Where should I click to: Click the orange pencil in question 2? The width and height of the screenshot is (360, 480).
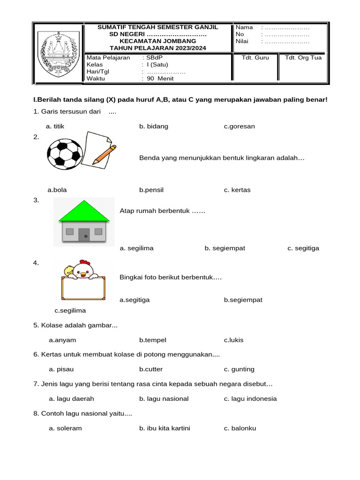coord(104,155)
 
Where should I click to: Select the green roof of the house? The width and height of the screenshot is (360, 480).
coord(84,211)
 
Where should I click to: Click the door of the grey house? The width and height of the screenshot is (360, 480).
coord(84,234)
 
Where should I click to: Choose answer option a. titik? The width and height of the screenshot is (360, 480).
coord(55,126)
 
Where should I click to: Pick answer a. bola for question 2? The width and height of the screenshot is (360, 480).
coord(57,190)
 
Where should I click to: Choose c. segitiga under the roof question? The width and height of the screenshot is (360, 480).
coord(303,248)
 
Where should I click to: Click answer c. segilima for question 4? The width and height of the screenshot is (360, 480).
coord(70,310)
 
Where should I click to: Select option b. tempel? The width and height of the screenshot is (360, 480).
coord(152,340)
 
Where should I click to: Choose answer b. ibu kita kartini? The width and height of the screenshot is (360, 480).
coord(165,428)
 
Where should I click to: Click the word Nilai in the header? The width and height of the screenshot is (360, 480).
coord(242,41)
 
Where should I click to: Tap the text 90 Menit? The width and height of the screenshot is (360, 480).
coord(160,79)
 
